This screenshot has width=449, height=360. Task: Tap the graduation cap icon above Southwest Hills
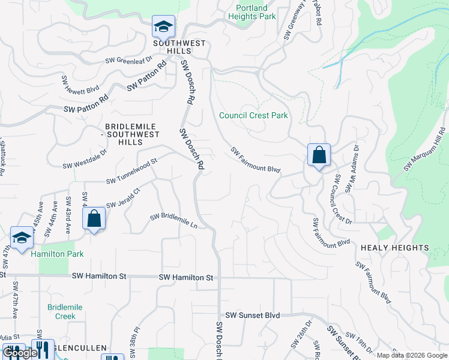pos(163,27)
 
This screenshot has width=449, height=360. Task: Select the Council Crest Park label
pos(253,115)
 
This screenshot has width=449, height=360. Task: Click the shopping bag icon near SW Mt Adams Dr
pos(319,155)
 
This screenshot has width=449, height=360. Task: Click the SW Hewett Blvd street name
pos(80,84)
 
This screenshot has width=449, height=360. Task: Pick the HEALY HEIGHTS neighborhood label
pos(394,248)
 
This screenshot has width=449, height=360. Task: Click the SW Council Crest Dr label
pos(342,199)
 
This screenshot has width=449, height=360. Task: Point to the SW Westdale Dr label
pos(84,158)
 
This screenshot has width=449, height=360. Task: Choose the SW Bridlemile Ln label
pos(174,219)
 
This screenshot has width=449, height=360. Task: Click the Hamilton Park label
pos(57,254)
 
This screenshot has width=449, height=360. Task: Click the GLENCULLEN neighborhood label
pos(79,348)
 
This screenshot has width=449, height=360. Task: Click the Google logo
pos(20,353)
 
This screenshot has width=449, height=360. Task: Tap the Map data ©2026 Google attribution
pos(411,355)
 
